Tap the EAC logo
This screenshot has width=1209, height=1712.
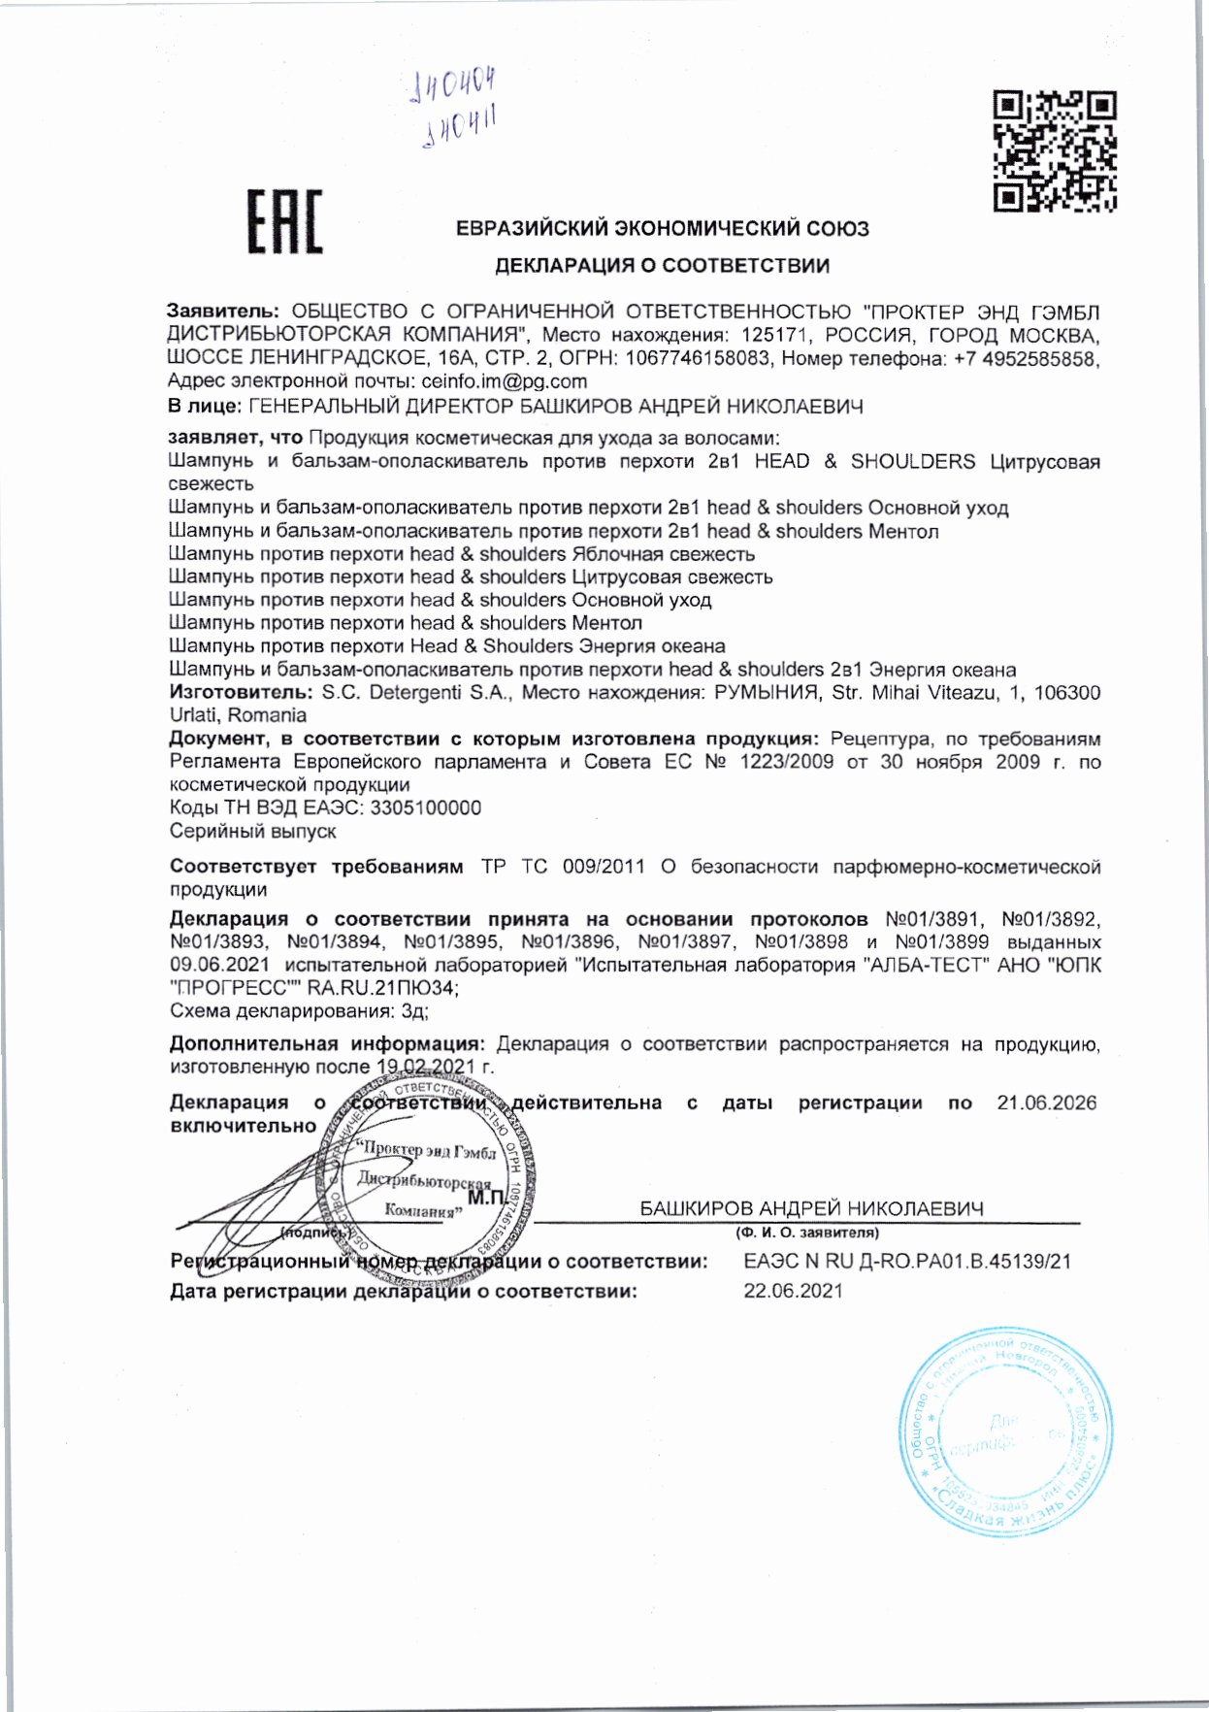point(283,221)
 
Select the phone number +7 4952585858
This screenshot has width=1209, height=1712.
point(1022,359)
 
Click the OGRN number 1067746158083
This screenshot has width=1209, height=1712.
point(698,359)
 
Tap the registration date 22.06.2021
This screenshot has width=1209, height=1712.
point(793,1291)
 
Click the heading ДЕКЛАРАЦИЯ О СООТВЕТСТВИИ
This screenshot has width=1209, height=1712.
point(662,265)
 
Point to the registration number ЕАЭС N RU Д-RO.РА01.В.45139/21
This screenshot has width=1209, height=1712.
point(907,1262)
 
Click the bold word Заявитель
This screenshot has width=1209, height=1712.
point(222,312)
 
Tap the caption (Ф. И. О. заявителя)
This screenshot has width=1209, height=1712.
point(806,1233)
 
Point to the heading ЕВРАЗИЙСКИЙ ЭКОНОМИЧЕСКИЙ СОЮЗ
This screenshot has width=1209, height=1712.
point(662,229)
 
